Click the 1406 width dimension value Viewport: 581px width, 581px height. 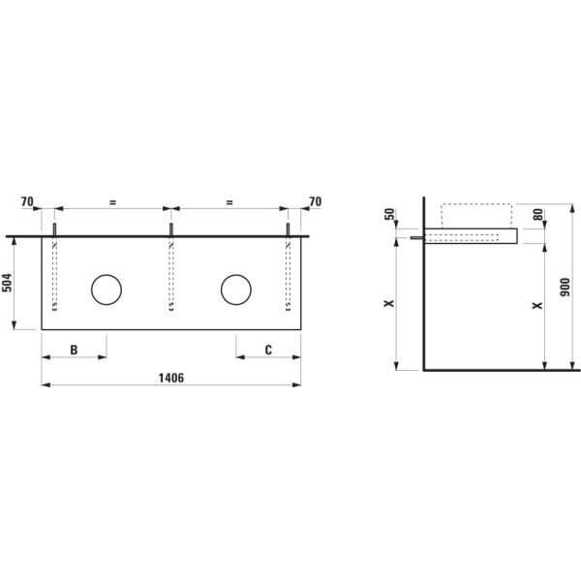pos(170,377)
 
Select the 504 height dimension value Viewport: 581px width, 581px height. pos(9,283)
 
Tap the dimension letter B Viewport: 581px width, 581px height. pos(74,350)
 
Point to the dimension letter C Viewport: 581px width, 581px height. pos(268,350)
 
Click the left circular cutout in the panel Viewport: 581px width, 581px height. pos(107,289)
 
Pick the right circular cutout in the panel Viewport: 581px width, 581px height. pos(235,289)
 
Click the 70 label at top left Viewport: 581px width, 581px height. pos(27,201)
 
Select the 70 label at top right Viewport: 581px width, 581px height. pos(314,201)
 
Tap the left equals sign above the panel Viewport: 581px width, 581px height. pos(112,201)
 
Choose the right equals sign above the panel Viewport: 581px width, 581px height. pos(229,201)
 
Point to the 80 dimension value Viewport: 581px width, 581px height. pos(537,215)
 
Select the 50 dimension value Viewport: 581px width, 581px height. pos(390,214)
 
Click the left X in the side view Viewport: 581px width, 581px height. pos(389,304)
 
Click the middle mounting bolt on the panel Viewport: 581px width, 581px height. pos(171,229)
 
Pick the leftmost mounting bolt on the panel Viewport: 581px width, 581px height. pos(54,229)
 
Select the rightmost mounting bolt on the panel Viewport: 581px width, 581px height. pos(289,229)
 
